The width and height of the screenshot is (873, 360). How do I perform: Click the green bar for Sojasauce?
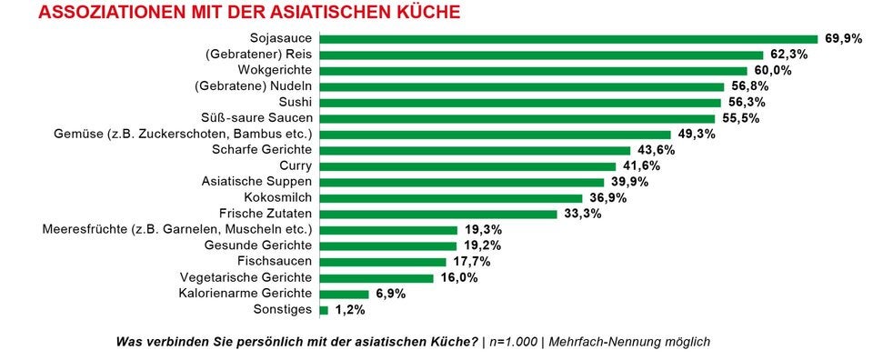(x=568, y=39)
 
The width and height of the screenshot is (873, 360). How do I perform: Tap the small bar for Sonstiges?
(x=324, y=310)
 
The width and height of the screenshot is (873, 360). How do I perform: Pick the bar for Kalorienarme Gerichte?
(x=345, y=294)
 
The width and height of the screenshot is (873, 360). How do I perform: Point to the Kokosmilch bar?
(x=451, y=198)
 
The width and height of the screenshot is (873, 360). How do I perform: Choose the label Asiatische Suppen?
(x=257, y=182)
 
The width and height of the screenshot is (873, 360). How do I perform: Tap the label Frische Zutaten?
(x=266, y=214)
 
